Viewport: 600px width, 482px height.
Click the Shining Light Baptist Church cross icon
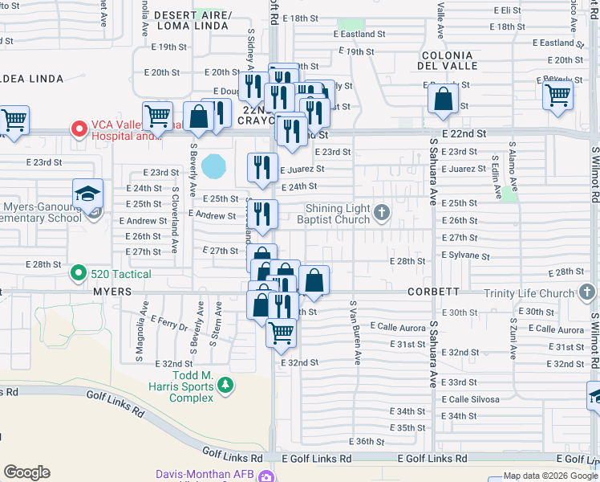point(382,212)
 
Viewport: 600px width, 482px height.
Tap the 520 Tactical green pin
point(79,274)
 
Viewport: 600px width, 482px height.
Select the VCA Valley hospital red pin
point(79,129)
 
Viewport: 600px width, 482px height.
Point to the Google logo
point(26,472)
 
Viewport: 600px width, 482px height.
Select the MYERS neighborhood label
point(112,292)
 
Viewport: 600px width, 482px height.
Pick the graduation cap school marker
point(88,194)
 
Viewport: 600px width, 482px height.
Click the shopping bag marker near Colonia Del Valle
point(443,100)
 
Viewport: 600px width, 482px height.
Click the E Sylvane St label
point(465,256)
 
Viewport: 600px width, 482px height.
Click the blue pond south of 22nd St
point(213,167)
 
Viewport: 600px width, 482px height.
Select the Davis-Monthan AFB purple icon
point(265,477)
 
